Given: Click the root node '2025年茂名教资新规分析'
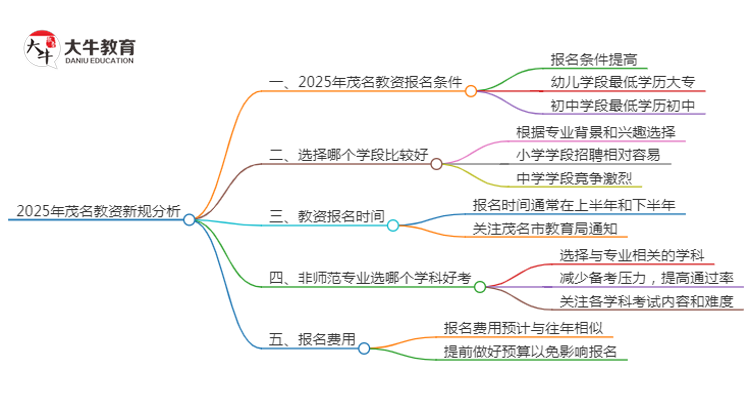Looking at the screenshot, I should coord(95,211).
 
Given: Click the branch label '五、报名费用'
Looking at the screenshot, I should coord(312,341).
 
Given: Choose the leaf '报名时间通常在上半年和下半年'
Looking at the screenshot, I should coord(579,204).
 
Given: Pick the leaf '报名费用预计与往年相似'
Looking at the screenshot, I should coord(523,327).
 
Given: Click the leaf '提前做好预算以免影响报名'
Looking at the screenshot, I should coord(530,351).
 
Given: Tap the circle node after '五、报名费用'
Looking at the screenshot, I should coord(365,348).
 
